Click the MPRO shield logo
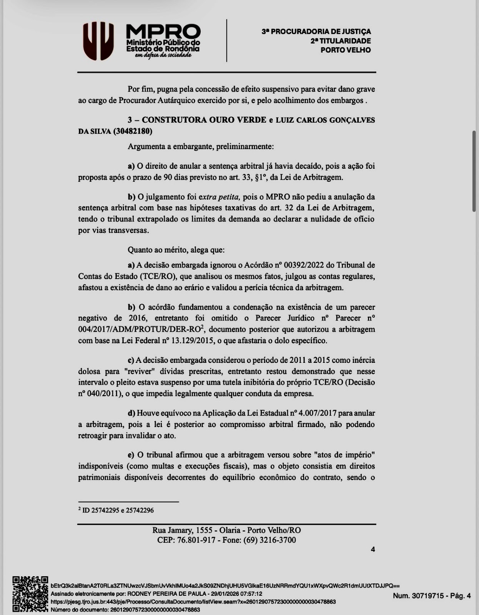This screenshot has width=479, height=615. [99, 41]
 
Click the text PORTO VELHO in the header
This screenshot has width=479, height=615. [346, 50]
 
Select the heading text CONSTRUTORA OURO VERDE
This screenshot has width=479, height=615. [204, 120]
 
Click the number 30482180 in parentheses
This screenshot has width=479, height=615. [133, 131]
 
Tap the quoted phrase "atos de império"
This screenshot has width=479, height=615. [344, 455]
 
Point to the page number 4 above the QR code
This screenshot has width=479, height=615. [373, 550]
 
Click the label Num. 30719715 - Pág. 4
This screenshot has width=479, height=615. [431, 596]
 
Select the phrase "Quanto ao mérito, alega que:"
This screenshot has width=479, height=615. [176, 250]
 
